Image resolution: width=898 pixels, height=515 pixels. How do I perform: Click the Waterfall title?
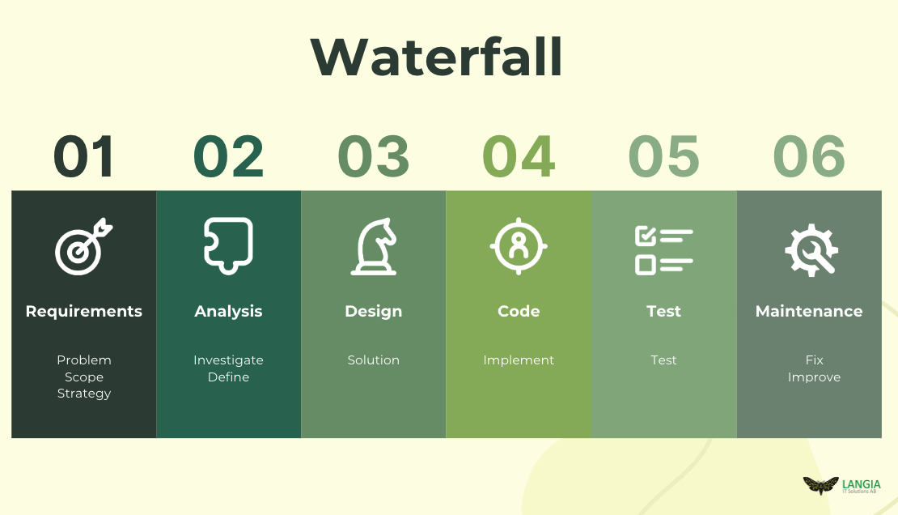tap(437, 57)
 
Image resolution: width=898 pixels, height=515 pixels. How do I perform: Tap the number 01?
tap(84, 156)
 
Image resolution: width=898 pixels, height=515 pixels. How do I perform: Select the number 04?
tap(519, 156)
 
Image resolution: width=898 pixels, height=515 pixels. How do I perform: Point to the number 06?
tap(809, 156)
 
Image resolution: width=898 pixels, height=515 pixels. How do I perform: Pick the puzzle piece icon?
tap(228, 246)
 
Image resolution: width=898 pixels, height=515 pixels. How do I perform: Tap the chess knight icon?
tap(374, 247)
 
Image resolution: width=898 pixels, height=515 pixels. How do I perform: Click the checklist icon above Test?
tap(663, 251)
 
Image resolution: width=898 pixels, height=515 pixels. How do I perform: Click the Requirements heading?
tap(83, 312)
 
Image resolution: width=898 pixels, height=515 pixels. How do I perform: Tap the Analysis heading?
tap(228, 312)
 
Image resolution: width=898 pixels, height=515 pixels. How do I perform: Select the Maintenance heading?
tap(809, 312)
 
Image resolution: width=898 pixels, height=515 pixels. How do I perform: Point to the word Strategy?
tap(84, 394)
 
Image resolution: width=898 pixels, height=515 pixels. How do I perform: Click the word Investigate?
tap(228, 360)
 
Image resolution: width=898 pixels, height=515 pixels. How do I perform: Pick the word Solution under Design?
tap(374, 360)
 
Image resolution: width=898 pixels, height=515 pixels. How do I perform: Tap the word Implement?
tap(519, 360)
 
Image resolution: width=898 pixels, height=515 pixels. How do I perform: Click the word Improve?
tap(814, 377)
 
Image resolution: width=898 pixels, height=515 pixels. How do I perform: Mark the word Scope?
tap(84, 377)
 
